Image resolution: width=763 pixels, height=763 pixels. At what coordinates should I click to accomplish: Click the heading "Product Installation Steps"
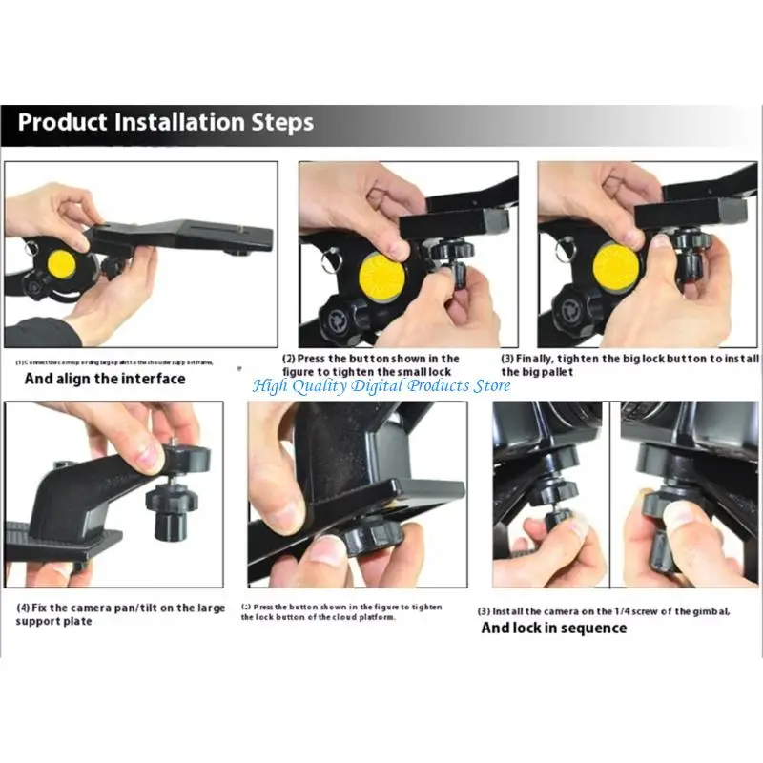tap(166, 123)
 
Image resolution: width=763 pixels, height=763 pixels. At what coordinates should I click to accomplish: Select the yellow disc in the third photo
tap(617, 268)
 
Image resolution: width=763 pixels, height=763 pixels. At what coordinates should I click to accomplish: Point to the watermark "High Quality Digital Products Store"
tap(381, 385)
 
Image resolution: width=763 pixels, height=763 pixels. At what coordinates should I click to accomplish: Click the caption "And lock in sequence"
tap(553, 628)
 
